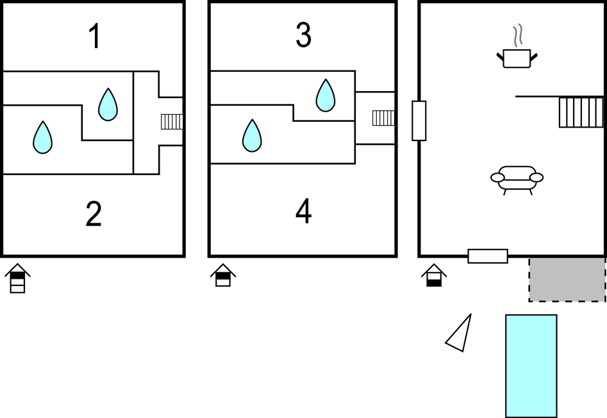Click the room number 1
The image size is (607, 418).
pyautogui.click(x=94, y=37)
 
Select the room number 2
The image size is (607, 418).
pyautogui.click(x=94, y=215)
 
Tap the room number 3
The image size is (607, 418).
pyautogui.click(x=303, y=36)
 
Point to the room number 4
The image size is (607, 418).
pyautogui.click(x=303, y=212)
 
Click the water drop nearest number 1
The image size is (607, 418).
pyautogui.click(x=108, y=104)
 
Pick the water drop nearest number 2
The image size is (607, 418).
pyautogui.click(x=42, y=138)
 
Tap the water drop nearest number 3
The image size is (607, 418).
pyautogui.click(x=326, y=95)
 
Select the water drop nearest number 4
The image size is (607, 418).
pyautogui.click(x=252, y=136)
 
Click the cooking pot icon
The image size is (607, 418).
pyautogui.click(x=517, y=58)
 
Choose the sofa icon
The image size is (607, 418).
pyautogui.click(x=517, y=179)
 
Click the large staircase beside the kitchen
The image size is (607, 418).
pyautogui.click(x=581, y=112)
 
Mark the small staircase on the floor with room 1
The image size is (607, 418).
pyautogui.click(x=171, y=121)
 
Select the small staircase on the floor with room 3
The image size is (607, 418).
pyautogui.click(x=383, y=118)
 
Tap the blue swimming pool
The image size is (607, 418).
pyautogui.click(x=531, y=365)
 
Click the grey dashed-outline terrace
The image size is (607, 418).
pyautogui.click(x=567, y=280)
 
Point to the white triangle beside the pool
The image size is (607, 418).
pyautogui.click(x=461, y=334)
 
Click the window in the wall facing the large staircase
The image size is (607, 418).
pyautogui.click(x=419, y=121)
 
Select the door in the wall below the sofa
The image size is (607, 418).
pyautogui.click(x=488, y=256)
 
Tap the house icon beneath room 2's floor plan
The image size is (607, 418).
pyautogui.click(x=17, y=278)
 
